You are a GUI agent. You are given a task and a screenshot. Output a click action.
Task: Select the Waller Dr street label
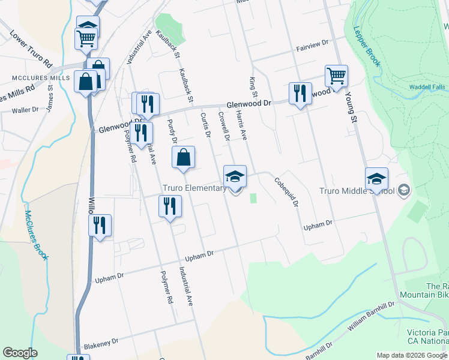coord(25,110)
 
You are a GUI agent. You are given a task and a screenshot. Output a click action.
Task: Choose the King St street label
coord(253,87)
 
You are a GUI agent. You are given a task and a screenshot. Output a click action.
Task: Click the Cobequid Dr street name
coord(286,192)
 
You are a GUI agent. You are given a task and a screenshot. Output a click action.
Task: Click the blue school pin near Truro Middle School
coord(376,178)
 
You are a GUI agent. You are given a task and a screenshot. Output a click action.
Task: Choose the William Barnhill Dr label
coord(373,317)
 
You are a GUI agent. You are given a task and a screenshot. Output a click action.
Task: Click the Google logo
coord(20,353)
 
